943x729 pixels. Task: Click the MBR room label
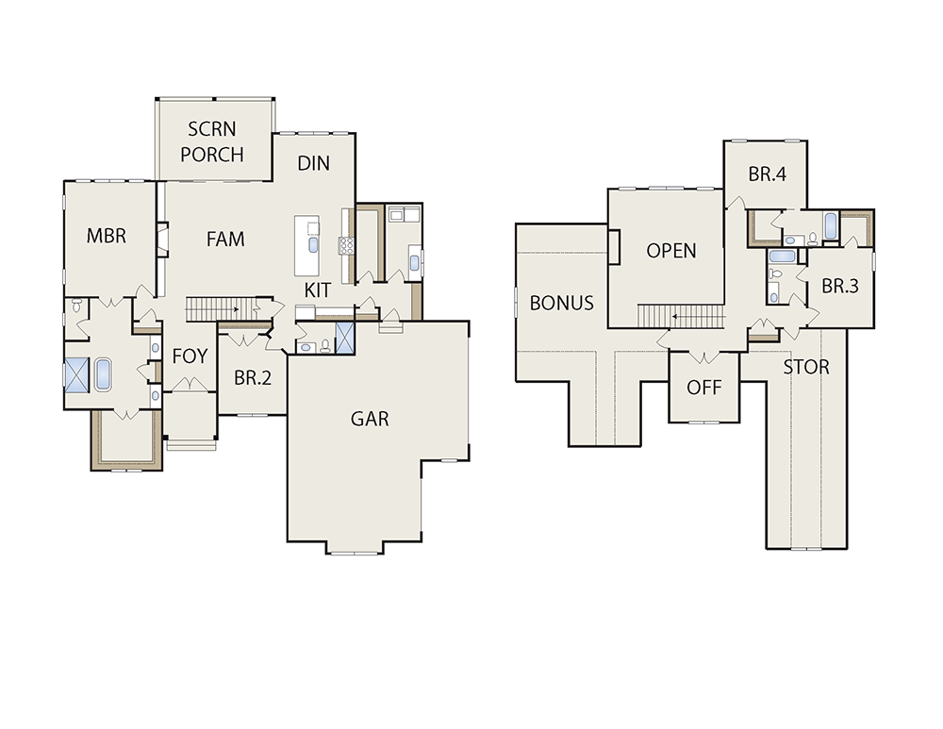(x=107, y=236)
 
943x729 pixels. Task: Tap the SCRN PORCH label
(x=211, y=142)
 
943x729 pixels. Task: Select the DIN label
(x=313, y=163)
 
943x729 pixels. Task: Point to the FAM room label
(x=225, y=240)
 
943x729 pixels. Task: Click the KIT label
(x=317, y=290)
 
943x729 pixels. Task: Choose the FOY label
(x=190, y=356)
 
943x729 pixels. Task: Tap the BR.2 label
(x=253, y=378)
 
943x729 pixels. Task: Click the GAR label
(x=370, y=419)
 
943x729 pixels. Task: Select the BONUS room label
(x=562, y=303)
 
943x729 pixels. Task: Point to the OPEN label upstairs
(x=671, y=251)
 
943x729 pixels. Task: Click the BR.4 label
(x=768, y=174)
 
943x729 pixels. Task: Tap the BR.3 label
(x=840, y=287)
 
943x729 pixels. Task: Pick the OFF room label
(x=704, y=388)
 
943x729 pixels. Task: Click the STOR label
(x=806, y=367)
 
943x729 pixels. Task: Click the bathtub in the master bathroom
(x=103, y=375)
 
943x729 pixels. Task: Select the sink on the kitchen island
(x=313, y=245)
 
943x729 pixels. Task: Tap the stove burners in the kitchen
(x=346, y=246)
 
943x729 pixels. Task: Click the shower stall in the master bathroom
(x=77, y=374)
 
